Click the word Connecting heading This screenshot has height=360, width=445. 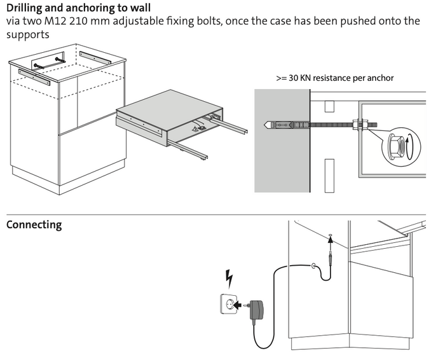click(x=34, y=225)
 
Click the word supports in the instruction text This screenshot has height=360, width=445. click(x=27, y=34)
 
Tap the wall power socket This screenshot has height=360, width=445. click(x=228, y=305)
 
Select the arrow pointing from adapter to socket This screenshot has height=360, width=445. click(x=241, y=305)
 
